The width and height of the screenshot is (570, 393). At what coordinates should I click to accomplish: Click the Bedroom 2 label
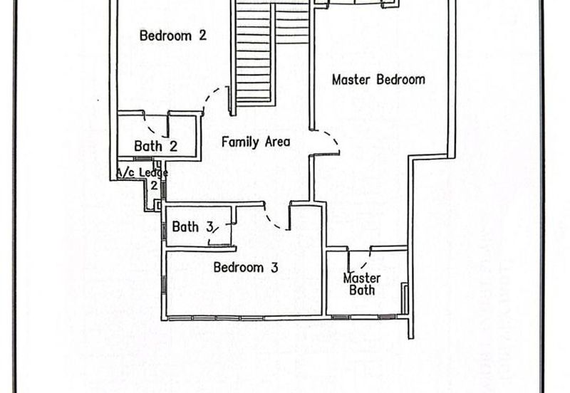[x=173, y=36]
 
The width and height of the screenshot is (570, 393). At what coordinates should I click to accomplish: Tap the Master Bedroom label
[x=378, y=80]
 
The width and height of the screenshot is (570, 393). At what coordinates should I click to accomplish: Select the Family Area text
[x=256, y=142]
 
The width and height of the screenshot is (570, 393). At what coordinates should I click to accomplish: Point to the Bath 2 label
[x=155, y=146]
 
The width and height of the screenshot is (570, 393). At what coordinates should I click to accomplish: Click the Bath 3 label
[x=192, y=226]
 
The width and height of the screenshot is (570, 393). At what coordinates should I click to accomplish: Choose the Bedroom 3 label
[x=246, y=267]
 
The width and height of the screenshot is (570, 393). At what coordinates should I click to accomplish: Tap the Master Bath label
[x=362, y=284]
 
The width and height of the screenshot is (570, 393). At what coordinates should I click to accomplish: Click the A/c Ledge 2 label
[x=142, y=178]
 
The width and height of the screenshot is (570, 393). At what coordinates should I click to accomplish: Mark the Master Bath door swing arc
[x=367, y=261]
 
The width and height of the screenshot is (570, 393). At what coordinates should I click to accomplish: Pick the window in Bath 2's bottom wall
[x=142, y=159]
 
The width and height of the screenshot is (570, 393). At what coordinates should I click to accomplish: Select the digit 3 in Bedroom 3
[x=274, y=268]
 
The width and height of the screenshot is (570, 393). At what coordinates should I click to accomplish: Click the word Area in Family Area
[x=277, y=142]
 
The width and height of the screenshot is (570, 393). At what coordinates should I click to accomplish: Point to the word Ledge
[x=153, y=172]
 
